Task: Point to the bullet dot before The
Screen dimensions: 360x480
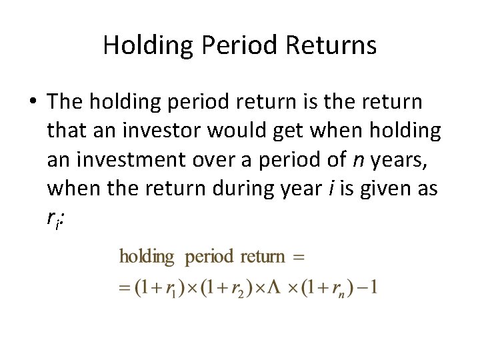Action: tap(33, 103)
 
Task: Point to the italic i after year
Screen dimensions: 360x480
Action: tap(331, 189)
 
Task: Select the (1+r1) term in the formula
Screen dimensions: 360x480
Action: tap(155, 289)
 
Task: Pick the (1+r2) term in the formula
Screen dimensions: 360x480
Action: tap(221, 289)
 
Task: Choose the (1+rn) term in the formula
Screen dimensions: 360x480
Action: tap(325, 289)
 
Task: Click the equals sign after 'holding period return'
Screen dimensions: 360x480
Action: tap(298, 257)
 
